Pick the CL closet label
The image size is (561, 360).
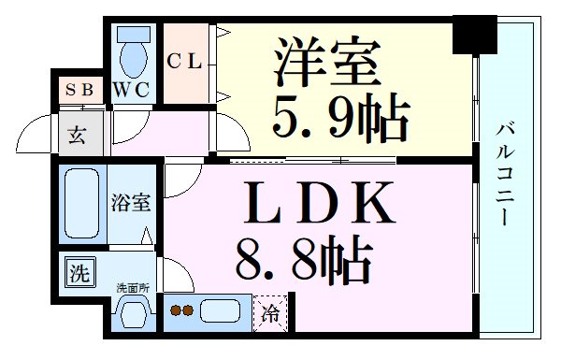click(x=185, y=62)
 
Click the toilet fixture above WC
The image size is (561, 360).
click(x=133, y=54)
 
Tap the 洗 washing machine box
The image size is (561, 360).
click(x=79, y=273)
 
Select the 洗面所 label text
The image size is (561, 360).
click(x=132, y=287)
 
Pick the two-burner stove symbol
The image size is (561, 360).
click(x=181, y=310)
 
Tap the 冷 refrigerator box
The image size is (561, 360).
click(x=270, y=312)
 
